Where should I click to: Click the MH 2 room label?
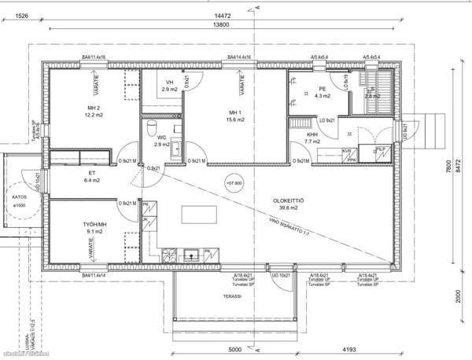click(92, 107)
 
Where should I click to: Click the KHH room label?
click(312, 134)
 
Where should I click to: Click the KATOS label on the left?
click(19, 197)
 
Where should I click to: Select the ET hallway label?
click(92, 174)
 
